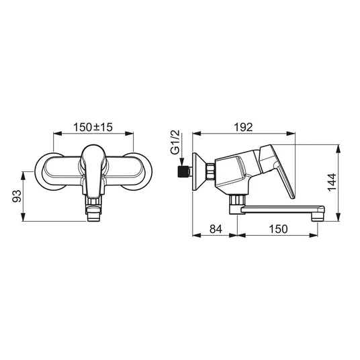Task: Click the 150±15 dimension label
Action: tap(93, 127)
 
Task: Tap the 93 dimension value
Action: tap(17, 196)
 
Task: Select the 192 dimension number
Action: tap(243, 127)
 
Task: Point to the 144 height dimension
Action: tap(332, 182)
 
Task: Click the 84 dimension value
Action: tap(216, 229)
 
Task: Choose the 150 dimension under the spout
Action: tap(278, 229)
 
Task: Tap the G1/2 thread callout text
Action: tap(175, 142)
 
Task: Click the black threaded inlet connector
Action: tap(183, 171)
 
